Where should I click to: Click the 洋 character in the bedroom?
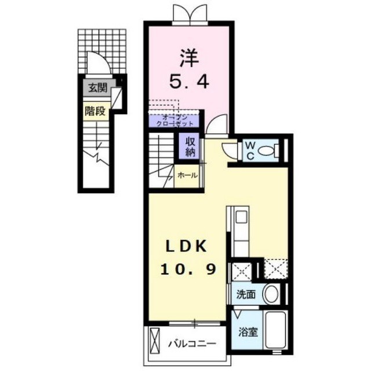click(x=190, y=58)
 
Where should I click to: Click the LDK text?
click(x=187, y=246)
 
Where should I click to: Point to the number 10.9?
click(x=188, y=269)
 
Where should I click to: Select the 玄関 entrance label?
click(x=98, y=88)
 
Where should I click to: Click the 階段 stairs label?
click(x=95, y=111)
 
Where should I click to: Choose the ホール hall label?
click(x=187, y=175)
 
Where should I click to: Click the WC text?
click(x=250, y=151)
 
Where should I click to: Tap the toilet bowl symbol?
click(x=268, y=150)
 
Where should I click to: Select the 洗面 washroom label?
click(x=246, y=294)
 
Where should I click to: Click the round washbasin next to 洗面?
click(x=271, y=294)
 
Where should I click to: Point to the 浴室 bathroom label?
click(x=248, y=332)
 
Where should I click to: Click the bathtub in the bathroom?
click(x=275, y=330)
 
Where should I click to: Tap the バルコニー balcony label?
click(x=192, y=343)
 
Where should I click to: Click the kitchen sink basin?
click(x=241, y=216)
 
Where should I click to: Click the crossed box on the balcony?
click(x=155, y=340)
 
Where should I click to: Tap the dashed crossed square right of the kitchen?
click(x=276, y=268)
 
